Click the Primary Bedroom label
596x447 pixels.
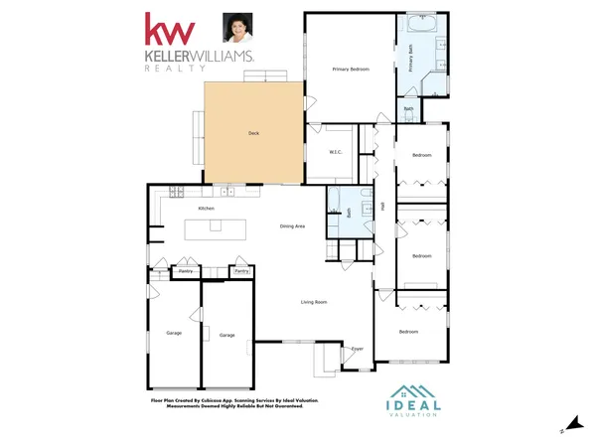[352, 69]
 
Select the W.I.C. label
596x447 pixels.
[336, 152]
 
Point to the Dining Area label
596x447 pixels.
[292, 226]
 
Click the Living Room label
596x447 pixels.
[315, 301]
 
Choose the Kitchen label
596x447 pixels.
[207, 209]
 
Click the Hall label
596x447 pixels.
[382, 206]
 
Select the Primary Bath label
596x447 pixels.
[409, 57]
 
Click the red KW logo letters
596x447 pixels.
[168, 30]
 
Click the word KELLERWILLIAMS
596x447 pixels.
[199, 59]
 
